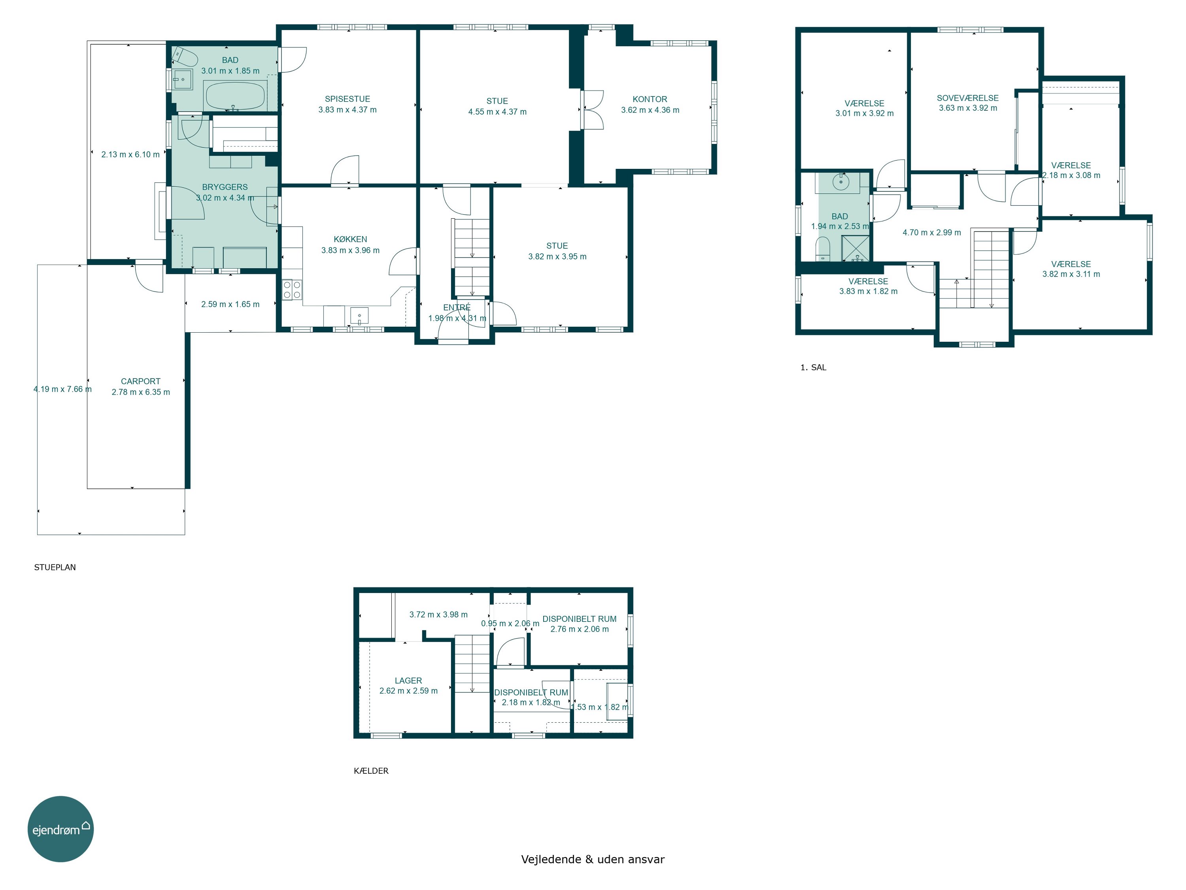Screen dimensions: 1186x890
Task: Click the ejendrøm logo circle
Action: pos(60,829)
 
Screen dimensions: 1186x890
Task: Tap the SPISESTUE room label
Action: pos(347,99)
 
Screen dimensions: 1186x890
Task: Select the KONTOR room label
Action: pos(650,99)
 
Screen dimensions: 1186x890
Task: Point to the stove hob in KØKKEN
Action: pos(292,290)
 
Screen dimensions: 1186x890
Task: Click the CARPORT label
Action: pos(140,381)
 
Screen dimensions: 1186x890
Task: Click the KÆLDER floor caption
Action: pos(371,771)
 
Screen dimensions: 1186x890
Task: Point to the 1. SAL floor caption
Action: pos(813,367)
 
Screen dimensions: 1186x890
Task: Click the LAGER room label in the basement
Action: pos(408,680)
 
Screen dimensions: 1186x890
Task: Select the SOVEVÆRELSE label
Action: pos(968,98)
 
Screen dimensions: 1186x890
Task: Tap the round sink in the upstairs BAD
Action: pos(841,182)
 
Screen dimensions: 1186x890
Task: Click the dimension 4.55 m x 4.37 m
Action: pos(498,112)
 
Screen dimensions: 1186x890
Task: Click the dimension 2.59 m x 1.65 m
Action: pos(230,304)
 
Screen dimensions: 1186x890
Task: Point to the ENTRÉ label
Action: pos(457,307)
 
